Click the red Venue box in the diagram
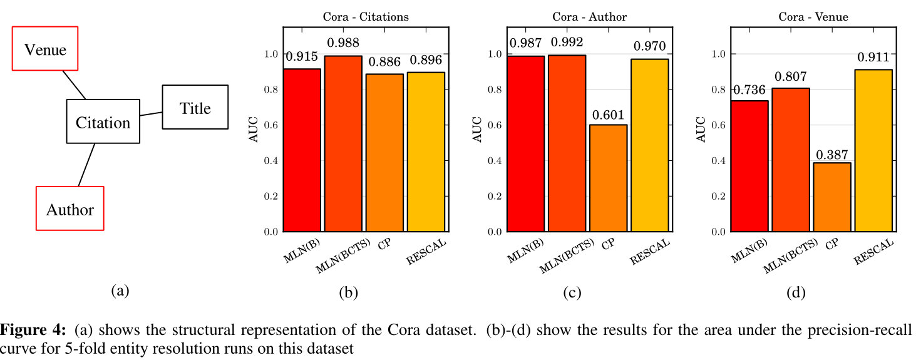[45, 49]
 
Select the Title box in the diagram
[195, 108]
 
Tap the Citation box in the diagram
[103, 121]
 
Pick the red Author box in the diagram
[70, 208]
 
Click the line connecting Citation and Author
[86, 165]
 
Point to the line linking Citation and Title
[151, 113]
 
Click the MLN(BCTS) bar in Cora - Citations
[342, 144]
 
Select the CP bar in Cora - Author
[608, 178]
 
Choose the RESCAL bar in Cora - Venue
[873, 150]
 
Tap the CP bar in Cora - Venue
[831, 197]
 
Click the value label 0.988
[342, 43]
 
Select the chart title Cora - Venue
[813, 17]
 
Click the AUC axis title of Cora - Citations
[254, 129]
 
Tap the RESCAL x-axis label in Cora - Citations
[426, 252]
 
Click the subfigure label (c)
[572, 292]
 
